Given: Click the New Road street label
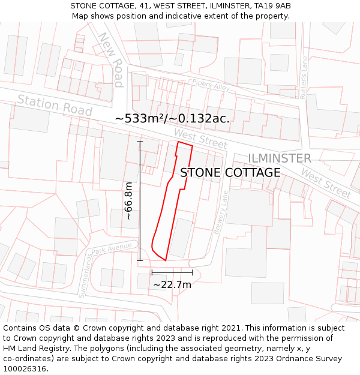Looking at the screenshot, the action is coord(112,59).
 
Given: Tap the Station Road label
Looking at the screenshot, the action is coord(55,106).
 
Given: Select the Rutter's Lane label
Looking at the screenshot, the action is coord(304,77).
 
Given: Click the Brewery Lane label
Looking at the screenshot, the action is coord(220,212).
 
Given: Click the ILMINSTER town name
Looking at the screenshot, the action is coord(280,158).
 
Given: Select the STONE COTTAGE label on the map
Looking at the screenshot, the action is coord(230,173).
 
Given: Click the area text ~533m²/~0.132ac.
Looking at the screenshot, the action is coord(172,119).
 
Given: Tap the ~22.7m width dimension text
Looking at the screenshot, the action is coord(172,284).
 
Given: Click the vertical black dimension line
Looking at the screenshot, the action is coord(140,201).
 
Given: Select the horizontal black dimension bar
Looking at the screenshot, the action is coord(172,272).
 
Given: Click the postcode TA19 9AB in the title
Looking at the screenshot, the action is coord(272,6).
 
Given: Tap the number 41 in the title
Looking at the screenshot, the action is coord(142,6).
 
